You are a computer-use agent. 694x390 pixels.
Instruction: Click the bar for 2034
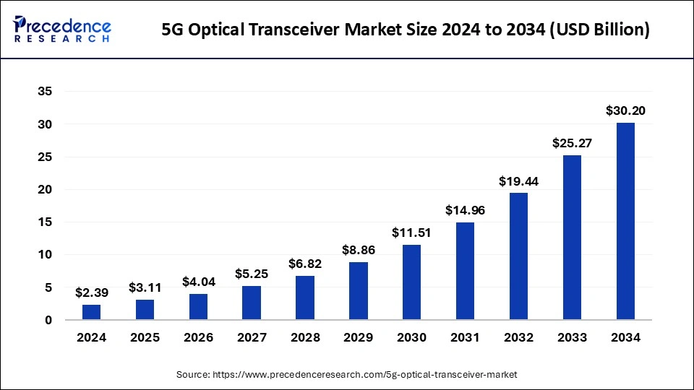tap(625, 221)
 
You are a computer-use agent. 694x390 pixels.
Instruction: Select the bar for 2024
tap(92, 312)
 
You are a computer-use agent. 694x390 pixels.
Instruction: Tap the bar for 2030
tap(412, 282)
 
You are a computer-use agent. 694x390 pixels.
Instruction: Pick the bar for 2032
tap(518, 256)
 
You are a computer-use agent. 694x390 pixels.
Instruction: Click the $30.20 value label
tap(625, 111)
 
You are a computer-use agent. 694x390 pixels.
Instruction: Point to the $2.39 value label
tap(92, 292)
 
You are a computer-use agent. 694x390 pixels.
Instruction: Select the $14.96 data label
tap(465, 211)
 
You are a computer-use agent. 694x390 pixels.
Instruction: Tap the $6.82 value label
tap(305, 264)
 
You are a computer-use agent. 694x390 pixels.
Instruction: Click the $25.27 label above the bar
tap(572, 143)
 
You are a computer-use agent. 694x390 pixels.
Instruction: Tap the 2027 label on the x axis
tap(252, 338)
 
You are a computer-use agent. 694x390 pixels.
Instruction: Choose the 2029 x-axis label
tap(359, 338)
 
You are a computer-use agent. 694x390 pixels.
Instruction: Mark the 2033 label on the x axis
tap(572, 338)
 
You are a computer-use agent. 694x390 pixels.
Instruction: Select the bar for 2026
tap(198, 306)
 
